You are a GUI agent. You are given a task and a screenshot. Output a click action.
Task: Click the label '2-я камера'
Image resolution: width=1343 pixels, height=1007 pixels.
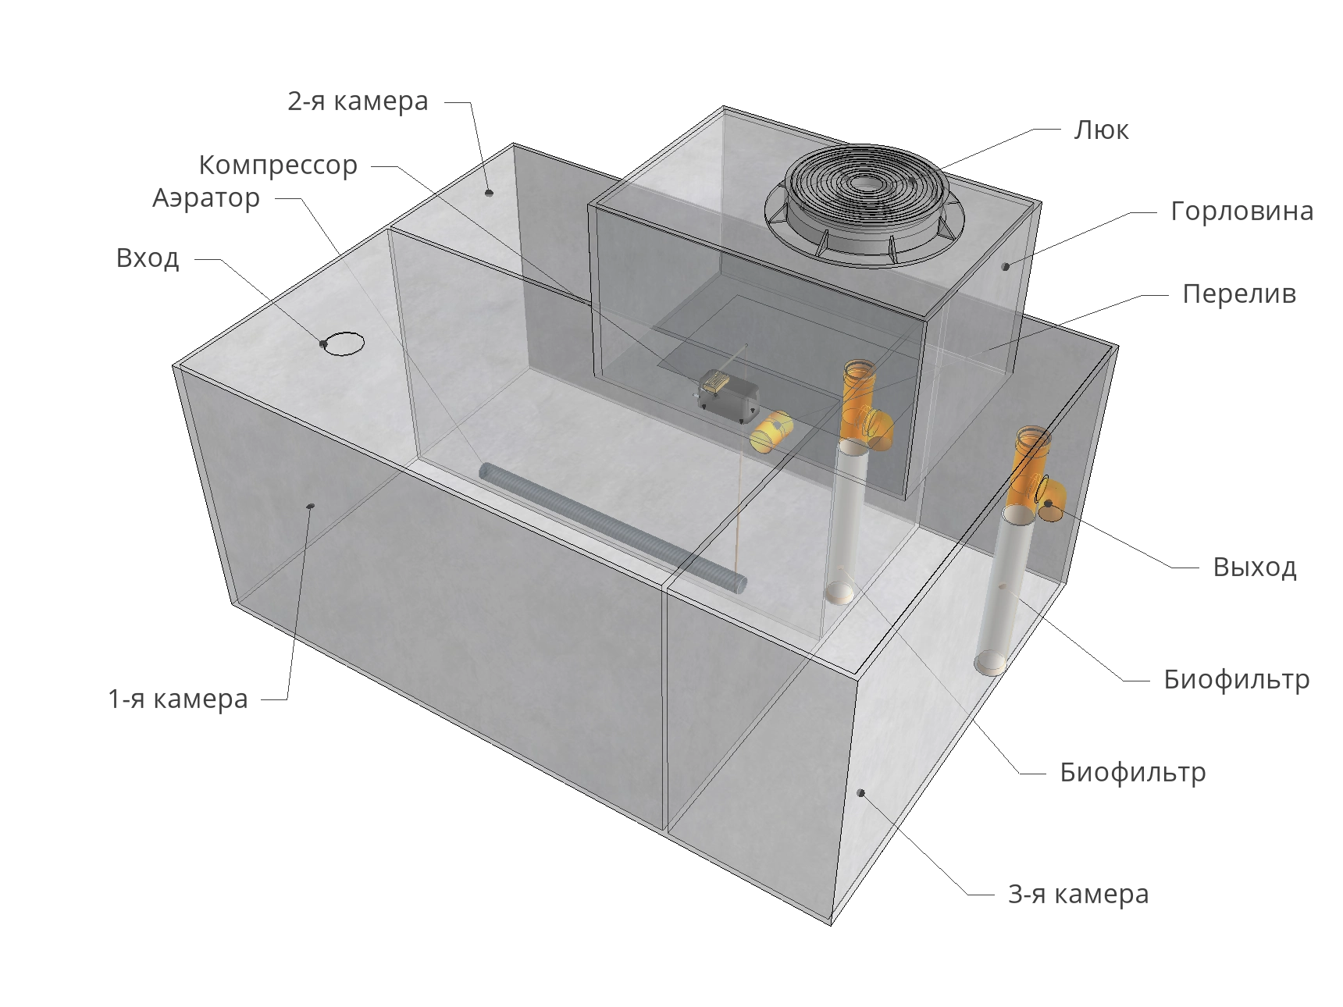tap(358, 101)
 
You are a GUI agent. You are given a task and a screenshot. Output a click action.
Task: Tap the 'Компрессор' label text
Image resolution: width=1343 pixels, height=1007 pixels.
tap(278, 165)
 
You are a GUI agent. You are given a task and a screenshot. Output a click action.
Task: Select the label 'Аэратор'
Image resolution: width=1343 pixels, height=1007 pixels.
tap(206, 198)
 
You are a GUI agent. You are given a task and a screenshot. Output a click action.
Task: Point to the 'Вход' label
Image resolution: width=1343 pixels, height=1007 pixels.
tap(148, 258)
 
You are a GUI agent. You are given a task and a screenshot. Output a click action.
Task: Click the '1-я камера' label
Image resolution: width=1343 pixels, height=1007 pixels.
tap(178, 699)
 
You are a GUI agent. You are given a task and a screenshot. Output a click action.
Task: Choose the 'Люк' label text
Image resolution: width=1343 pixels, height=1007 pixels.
tap(1101, 130)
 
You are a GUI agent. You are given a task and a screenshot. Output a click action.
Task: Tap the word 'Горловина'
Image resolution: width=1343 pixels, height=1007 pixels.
tap(1242, 212)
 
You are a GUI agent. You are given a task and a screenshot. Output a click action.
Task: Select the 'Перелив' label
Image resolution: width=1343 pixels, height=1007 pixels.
tap(1239, 294)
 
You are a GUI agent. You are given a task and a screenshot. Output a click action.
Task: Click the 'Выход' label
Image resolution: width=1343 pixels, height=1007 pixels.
tap(1255, 567)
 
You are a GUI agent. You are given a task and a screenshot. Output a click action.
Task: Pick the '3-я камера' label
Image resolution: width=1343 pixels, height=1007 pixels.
tap(1078, 894)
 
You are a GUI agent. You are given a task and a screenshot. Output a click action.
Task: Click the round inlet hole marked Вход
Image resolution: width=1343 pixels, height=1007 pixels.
tap(344, 343)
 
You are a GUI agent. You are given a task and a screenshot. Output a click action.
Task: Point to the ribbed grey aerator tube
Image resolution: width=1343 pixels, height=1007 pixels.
tap(612, 526)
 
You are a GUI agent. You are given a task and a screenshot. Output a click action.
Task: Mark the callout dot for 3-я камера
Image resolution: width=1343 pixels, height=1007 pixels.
tap(861, 793)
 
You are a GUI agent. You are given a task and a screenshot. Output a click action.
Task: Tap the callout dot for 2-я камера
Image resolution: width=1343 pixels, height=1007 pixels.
tap(489, 192)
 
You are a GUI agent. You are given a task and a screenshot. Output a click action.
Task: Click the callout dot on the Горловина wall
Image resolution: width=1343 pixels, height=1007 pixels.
tap(1006, 267)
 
